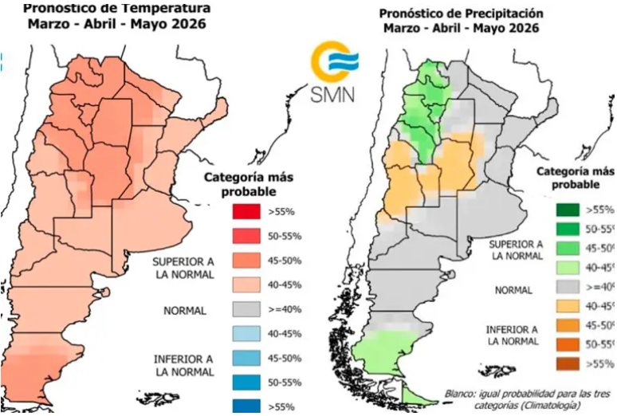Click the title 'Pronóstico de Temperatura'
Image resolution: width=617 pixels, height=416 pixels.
[x=117, y=8]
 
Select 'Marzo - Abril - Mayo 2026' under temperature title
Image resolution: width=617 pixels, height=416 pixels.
[x=117, y=24]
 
